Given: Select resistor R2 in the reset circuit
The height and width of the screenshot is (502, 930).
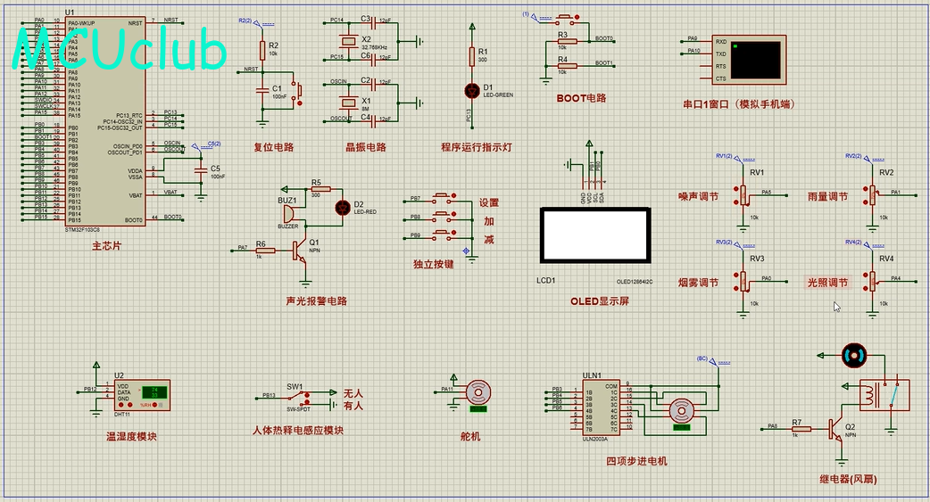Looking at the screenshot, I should click(262, 50).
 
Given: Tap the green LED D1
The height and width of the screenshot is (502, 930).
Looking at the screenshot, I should click(472, 90).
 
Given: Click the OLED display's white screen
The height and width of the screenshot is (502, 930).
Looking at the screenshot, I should click(595, 234).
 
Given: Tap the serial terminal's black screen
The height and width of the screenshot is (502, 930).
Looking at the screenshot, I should click(757, 60).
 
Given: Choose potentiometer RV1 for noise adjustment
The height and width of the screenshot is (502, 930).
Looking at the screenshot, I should click(743, 193).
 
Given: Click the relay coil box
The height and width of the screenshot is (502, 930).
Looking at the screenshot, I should click(884, 394).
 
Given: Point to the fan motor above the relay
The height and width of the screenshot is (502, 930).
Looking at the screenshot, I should click(854, 356).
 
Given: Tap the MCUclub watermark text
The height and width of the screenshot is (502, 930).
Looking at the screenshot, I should click(120, 52).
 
